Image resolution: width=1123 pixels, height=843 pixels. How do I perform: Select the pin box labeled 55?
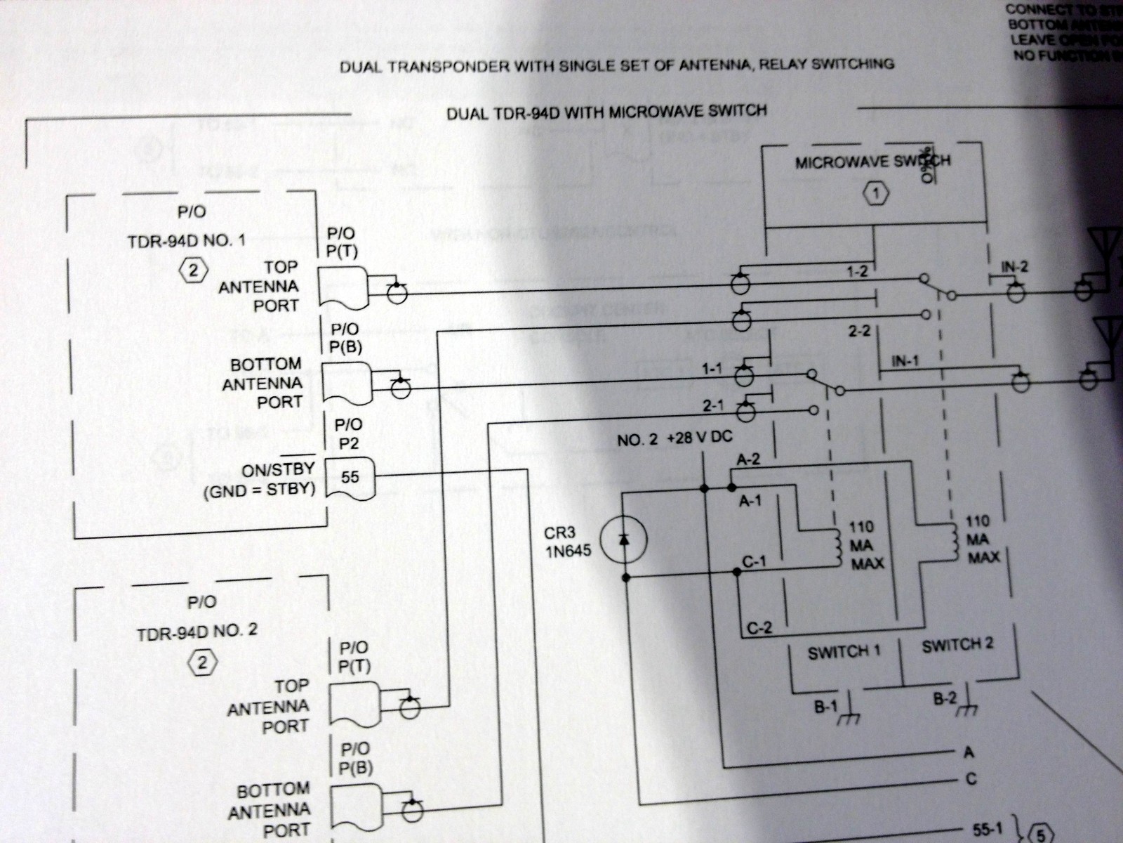coord(350,478)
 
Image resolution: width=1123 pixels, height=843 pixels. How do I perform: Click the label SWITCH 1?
coord(843,652)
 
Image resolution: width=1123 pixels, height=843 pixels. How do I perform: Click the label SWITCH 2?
coord(957,645)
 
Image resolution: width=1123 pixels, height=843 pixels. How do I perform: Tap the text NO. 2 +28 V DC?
coord(674,439)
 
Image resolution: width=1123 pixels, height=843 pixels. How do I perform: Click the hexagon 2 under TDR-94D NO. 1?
coord(194,270)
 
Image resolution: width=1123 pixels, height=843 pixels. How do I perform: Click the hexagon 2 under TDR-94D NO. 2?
coord(201,662)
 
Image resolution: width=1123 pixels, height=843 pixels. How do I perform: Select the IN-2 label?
coord(1013,266)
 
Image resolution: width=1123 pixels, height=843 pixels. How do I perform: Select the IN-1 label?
coord(905,361)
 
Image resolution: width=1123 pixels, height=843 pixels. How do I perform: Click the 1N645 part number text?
coord(567,551)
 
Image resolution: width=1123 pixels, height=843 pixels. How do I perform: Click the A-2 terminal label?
coord(748,459)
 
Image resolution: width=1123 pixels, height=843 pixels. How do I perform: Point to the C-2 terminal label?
coord(759,627)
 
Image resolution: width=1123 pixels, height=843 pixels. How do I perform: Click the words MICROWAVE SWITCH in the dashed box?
coord(872,162)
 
